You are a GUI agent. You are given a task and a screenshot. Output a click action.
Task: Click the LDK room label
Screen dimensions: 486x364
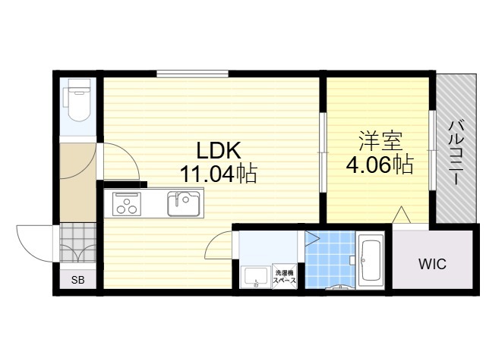219,151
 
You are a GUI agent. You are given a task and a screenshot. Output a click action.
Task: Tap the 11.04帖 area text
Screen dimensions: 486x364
219,174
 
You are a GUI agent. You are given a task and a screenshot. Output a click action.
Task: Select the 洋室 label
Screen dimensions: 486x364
380,142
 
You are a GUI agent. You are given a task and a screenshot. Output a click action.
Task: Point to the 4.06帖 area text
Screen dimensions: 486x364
380,165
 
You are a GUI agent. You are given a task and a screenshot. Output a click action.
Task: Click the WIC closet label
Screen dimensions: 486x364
433,264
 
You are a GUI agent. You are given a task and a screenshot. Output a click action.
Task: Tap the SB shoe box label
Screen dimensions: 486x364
77,281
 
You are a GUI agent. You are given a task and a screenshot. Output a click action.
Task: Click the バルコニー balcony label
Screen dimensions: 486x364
456,153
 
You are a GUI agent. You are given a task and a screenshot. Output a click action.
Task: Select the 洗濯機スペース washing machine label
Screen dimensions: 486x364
284,277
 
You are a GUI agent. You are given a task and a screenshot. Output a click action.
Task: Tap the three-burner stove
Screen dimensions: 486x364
127,204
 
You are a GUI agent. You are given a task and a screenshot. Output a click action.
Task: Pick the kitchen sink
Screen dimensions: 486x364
184,204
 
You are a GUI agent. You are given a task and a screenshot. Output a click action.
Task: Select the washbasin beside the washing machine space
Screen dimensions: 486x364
256,278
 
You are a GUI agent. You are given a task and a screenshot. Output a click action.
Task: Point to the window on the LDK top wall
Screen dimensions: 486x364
192,74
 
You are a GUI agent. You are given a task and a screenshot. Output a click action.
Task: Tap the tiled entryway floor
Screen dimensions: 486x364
77,243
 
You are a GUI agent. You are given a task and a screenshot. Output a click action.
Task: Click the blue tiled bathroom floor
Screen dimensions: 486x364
330,259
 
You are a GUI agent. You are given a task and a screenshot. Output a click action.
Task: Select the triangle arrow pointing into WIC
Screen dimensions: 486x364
402,215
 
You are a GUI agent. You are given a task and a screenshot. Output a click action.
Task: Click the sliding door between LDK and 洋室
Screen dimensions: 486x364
323,152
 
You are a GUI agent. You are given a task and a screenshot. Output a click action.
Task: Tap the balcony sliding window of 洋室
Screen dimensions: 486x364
432,150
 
